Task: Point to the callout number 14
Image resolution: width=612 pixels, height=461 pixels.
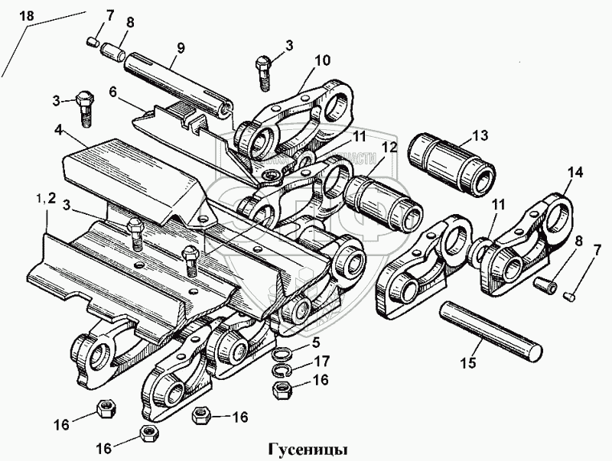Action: pos(574,173)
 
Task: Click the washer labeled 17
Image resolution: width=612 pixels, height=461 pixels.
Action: pos(281,370)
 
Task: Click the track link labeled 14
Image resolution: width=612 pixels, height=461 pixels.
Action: pos(535,237)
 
